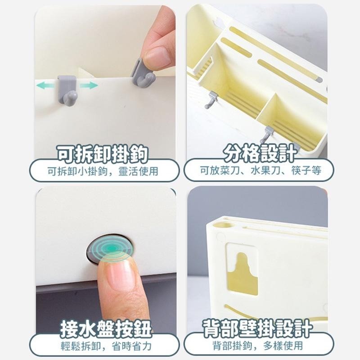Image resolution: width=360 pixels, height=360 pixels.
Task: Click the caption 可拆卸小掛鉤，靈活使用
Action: (103, 171)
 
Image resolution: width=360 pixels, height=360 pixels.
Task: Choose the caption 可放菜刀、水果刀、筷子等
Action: (260, 171)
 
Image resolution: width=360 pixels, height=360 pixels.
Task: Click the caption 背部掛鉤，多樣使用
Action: (258, 346)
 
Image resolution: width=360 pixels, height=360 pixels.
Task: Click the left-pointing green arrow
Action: (46, 85)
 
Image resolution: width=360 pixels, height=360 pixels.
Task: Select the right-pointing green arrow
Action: (89, 85)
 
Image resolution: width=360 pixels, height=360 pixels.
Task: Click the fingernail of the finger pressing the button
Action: (117, 274)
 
